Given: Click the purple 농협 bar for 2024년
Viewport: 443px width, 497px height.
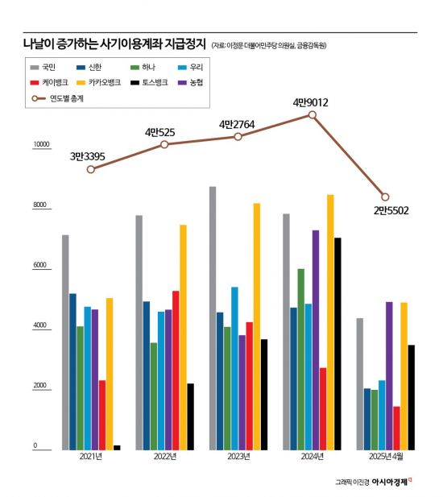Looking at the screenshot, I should (316, 339).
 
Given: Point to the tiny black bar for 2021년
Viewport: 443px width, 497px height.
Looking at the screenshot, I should (117, 446).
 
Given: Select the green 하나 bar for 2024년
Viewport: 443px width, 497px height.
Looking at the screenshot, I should (300, 358).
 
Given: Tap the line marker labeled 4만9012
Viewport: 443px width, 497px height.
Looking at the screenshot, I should (312, 116).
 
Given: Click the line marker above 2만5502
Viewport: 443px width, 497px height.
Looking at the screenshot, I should (385, 197).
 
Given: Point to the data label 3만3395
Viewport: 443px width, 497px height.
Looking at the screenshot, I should (89, 155).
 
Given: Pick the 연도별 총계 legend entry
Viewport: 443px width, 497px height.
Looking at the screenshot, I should (60, 98).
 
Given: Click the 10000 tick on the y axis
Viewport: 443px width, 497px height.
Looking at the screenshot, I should (41, 145).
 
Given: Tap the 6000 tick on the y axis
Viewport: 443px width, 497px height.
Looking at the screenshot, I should (41, 266).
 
